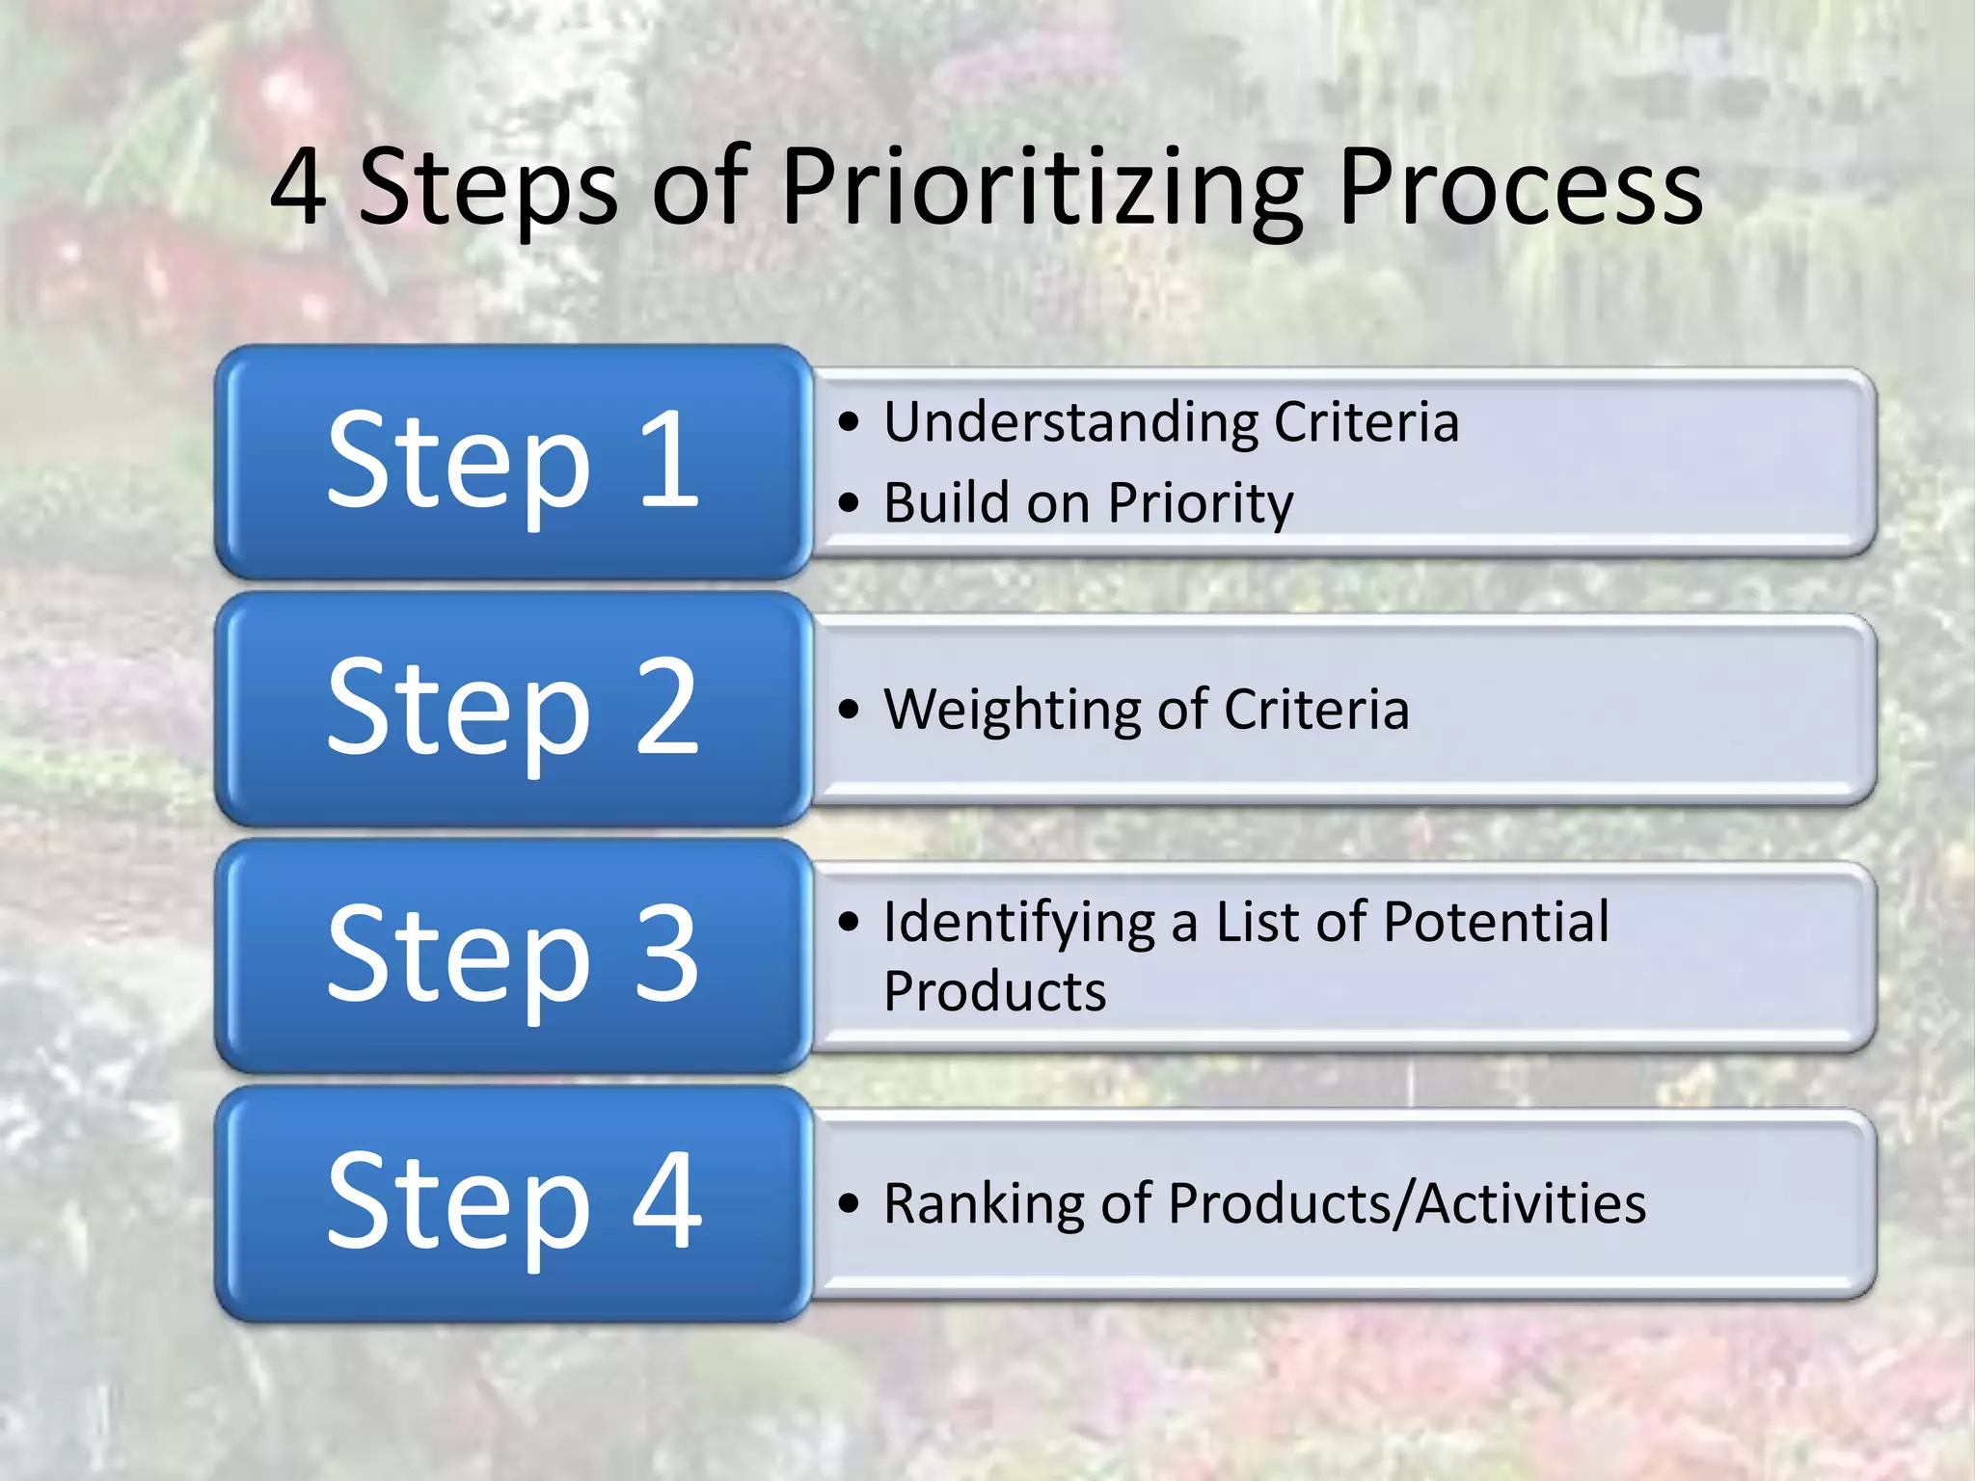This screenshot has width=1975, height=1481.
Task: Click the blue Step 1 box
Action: pyautogui.click(x=512, y=461)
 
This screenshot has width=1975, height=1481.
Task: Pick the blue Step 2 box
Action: pyautogui.click(x=512, y=709)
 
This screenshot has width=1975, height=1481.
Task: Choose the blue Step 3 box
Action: pyautogui.click(x=512, y=956)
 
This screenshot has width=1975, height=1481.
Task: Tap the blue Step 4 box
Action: pyautogui.click(x=512, y=1202)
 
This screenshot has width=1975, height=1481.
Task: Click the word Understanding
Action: pyautogui.click(x=1070, y=422)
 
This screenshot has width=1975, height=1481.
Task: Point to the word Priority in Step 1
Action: pyautogui.click(x=1201, y=503)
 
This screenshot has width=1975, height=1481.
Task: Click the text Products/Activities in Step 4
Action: pyautogui.click(x=1406, y=1204)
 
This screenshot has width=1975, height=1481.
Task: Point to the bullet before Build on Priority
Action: pyautogui.click(x=848, y=502)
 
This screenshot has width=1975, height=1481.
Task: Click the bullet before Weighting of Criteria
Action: pyautogui.click(x=848, y=710)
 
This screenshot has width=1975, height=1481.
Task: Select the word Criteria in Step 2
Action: pyautogui.click(x=1316, y=710)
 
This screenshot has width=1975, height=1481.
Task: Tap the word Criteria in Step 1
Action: pyautogui.click(x=1366, y=422)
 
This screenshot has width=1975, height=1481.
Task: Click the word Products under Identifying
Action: pyautogui.click(x=994, y=991)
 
